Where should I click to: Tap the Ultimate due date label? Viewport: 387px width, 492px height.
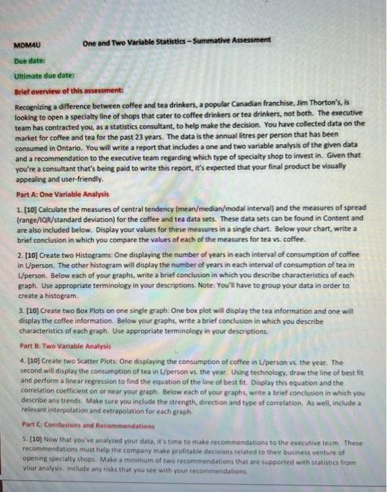point(44,75)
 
